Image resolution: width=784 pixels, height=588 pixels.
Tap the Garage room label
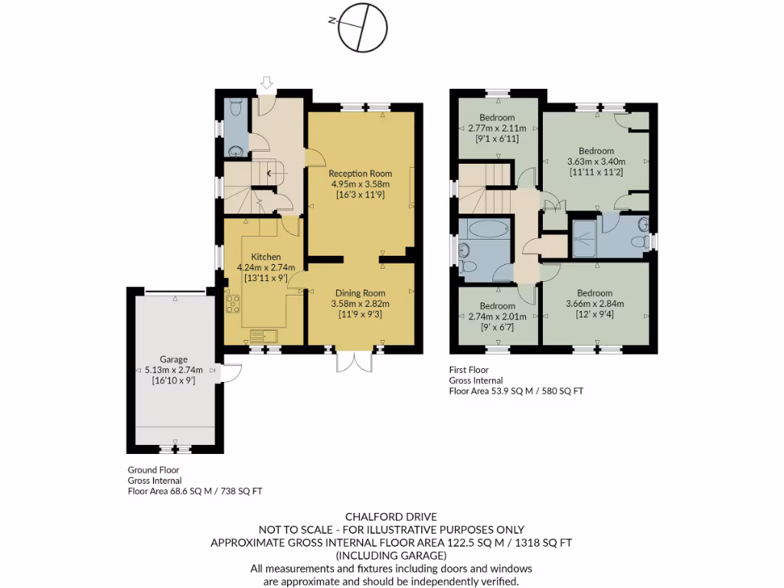(173, 359)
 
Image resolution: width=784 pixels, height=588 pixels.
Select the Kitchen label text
(265, 256)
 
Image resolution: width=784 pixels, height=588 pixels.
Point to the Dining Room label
(359, 293)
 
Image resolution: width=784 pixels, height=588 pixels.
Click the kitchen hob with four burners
(233, 305)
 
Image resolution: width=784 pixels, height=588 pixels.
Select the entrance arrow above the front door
(266, 82)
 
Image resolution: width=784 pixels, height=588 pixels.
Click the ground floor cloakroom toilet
(235, 105)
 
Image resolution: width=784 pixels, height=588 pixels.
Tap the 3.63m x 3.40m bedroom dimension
(596, 162)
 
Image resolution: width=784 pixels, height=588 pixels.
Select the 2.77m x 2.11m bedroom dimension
(497, 128)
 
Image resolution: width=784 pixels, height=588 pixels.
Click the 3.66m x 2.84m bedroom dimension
(595, 303)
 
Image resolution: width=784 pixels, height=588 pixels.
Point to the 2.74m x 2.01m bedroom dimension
(497, 316)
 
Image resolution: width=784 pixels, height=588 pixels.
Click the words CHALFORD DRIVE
(391, 517)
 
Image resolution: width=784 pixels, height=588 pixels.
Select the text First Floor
(469, 369)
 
